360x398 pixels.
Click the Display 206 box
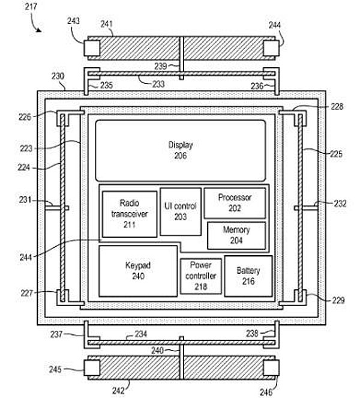[181, 151]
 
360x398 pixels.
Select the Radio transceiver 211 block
[130, 214]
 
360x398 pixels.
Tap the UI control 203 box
[181, 211]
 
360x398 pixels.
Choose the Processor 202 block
[235, 203]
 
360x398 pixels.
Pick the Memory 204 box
[236, 235]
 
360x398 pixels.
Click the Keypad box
[138, 271]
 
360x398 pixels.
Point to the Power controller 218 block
[200, 276]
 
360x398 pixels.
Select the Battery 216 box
[248, 276]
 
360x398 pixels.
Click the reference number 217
[31, 7]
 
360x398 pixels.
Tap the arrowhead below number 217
[38, 31]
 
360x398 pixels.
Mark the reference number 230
[58, 76]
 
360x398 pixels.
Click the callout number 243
[73, 21]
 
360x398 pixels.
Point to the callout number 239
[161, 66]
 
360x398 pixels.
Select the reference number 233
[158, 84]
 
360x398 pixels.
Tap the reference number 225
[336, 154]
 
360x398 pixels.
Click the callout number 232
[340, 204]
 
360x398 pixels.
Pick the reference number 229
[338, 301]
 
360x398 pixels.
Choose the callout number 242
[118, 391]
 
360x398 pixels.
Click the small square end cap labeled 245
[92, 368]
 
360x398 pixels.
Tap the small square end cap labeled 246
[271, 368]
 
